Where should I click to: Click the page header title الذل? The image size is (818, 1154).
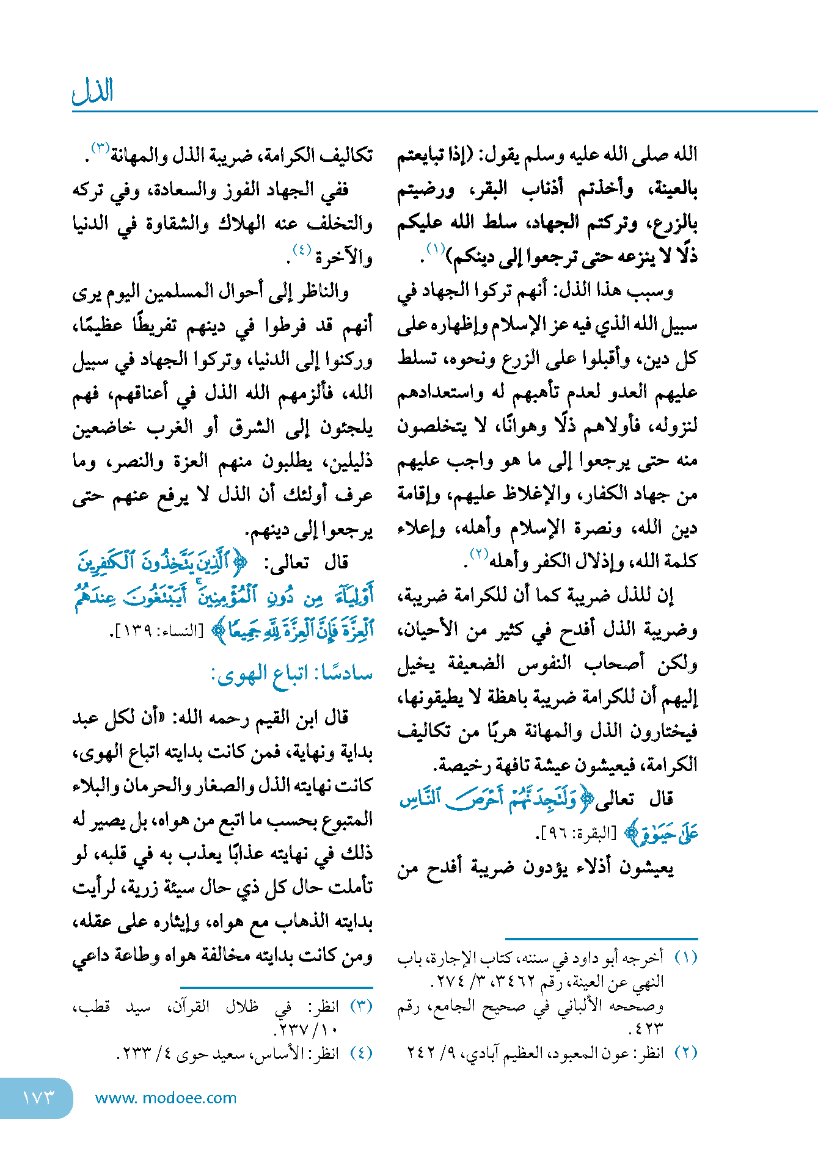(93, 91)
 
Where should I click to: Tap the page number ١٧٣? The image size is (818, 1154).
(38, 1098)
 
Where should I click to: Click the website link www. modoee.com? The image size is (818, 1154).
(166, 1098)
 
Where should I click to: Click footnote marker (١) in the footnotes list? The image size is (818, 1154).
(685, 958)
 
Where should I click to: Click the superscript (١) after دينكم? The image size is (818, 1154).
(436, 249)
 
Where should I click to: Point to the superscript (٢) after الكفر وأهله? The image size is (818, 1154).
(478, 554)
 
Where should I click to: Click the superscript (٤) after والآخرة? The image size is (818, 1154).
(302, 249)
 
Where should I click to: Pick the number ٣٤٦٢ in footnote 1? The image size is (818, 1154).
(518, 982)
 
